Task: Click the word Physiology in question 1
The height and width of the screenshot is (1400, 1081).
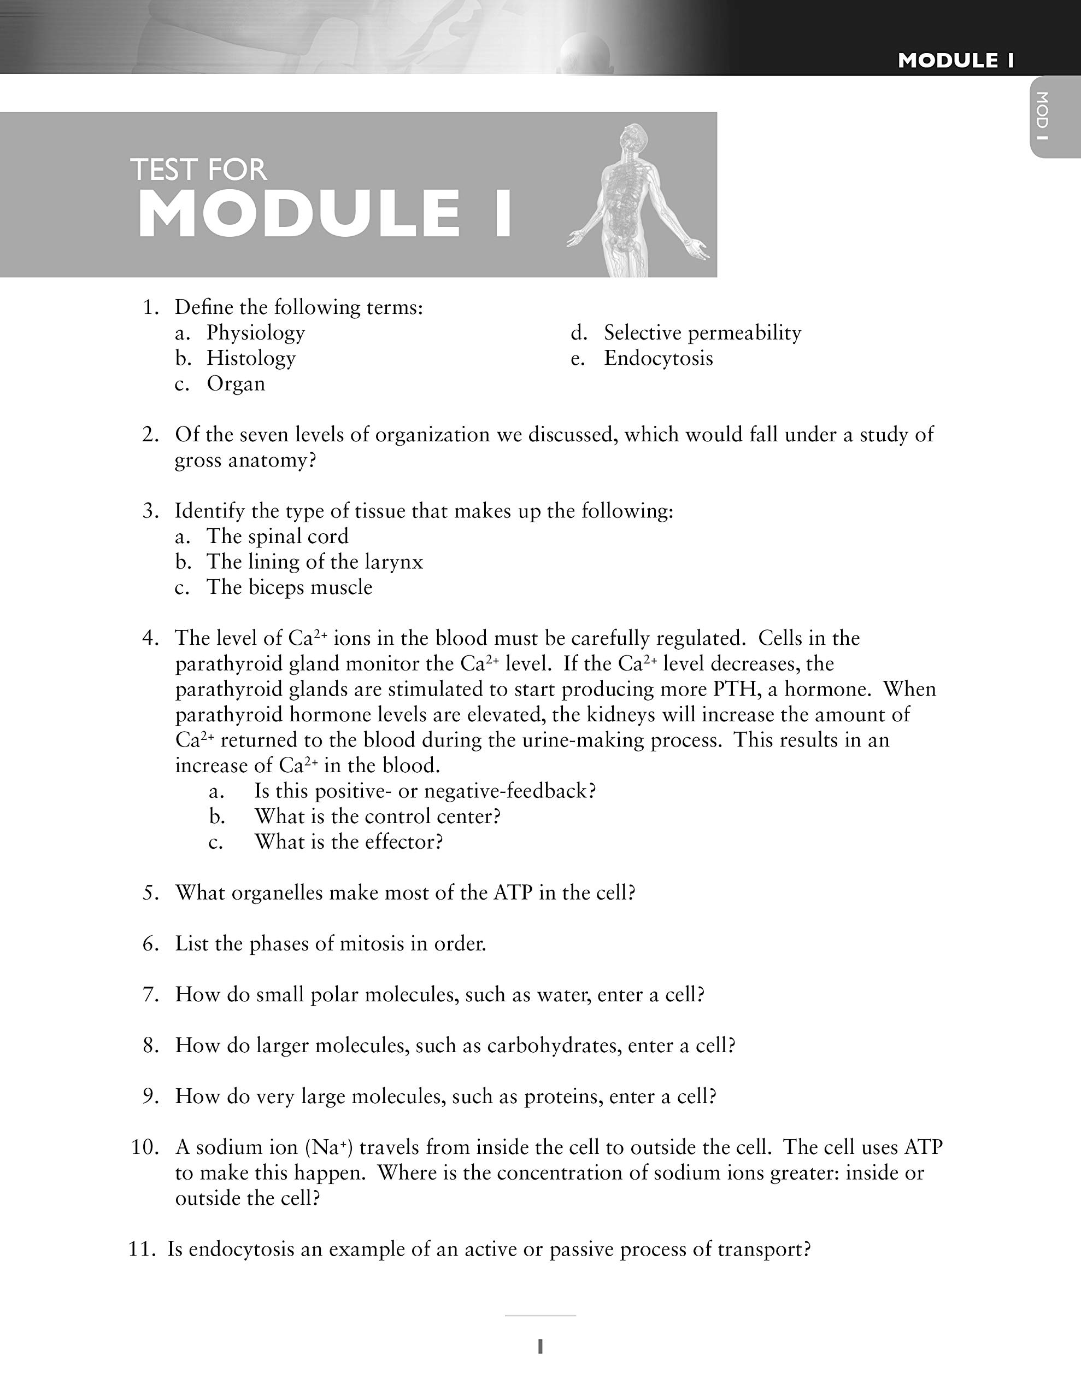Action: (x=255, y=332)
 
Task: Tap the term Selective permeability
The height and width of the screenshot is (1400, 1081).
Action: (x=702, y=332)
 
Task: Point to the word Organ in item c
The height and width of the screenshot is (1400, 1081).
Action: (x=235, y=384)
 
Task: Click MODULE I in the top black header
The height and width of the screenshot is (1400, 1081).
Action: (x=955, y=61)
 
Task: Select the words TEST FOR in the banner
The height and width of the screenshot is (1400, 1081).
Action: (x=198, y=170)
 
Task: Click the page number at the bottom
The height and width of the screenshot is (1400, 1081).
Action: (x=540, y=1346)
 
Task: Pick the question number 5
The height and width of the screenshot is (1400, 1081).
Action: (x=150, y=893)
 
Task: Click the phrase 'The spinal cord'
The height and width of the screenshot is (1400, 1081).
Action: (x=277, y=536)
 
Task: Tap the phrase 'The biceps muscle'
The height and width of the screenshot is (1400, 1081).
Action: (x=289, y=588)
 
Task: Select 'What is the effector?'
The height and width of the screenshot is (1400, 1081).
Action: (x=349, y=842)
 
